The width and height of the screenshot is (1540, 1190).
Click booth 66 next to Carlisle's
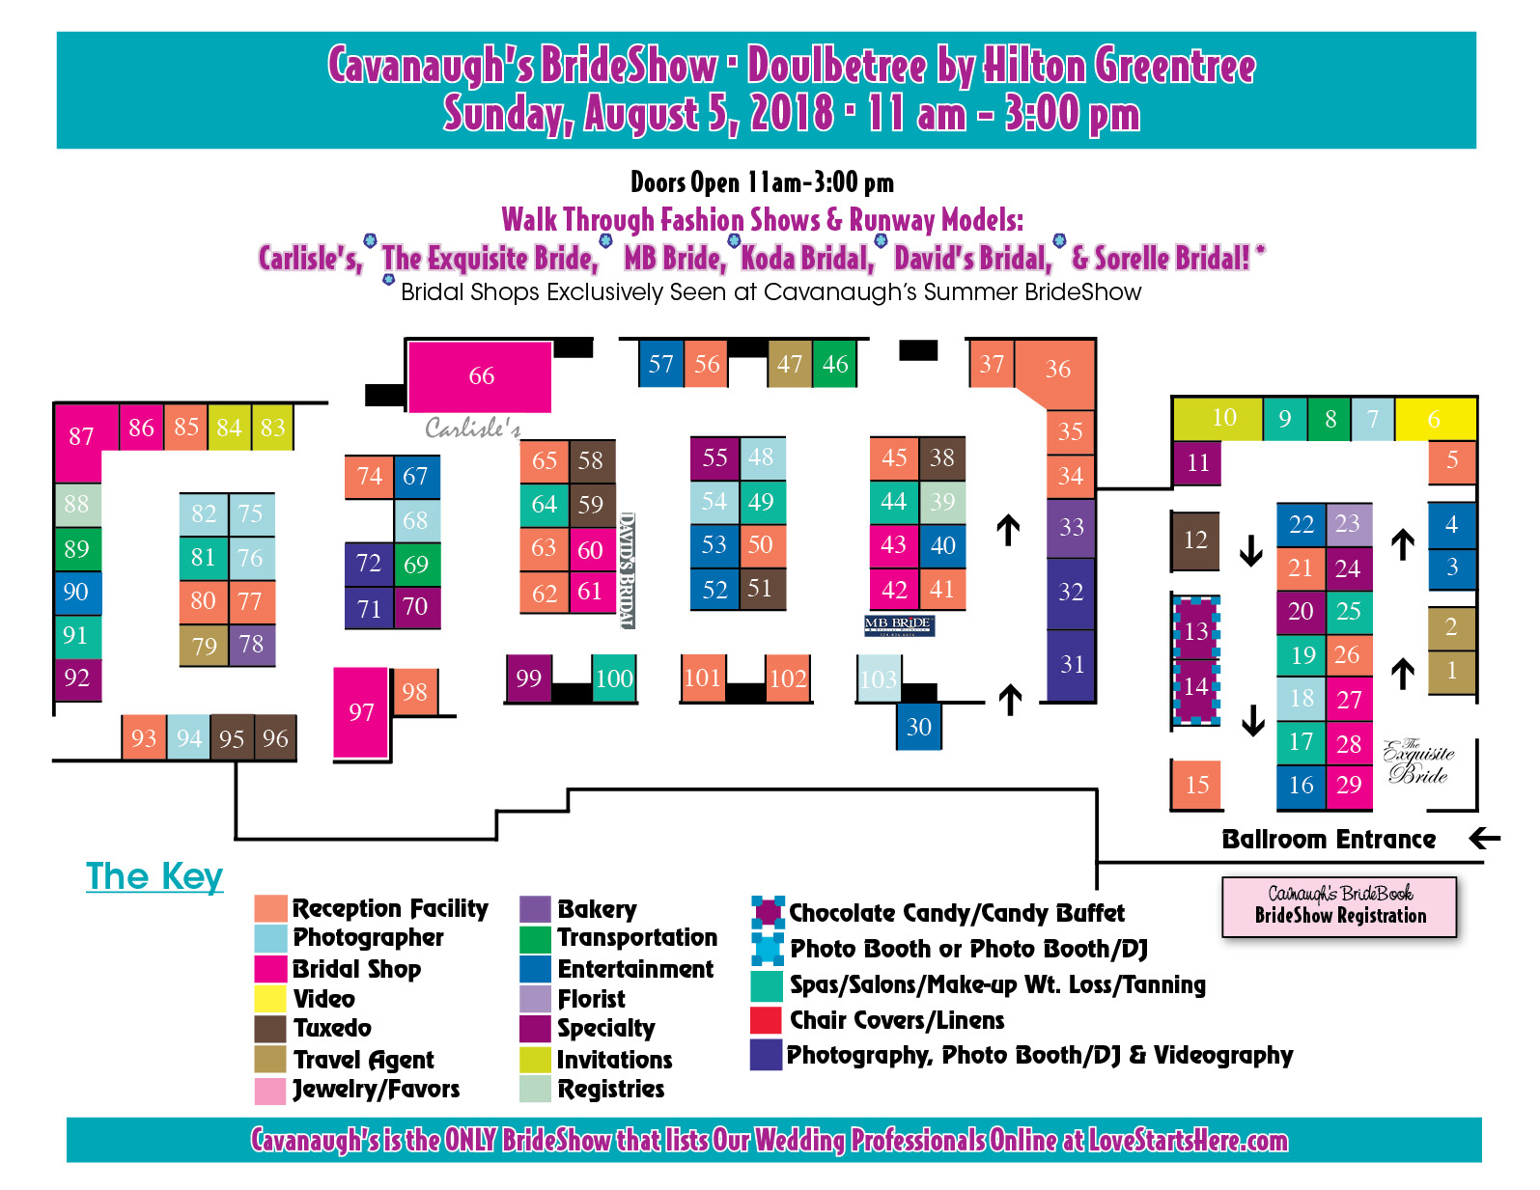480,375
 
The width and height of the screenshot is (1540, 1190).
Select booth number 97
361,712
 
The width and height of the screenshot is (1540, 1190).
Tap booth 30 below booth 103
918,727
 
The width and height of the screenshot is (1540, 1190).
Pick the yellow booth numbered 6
1435,419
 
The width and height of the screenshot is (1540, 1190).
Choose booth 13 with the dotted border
1196,631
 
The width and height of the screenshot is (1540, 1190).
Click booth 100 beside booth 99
613,678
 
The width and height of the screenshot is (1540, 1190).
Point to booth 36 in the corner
1058,369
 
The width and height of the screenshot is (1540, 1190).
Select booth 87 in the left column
80,437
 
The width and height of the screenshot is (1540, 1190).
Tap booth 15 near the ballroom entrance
1197,784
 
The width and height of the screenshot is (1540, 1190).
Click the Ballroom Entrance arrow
1484,838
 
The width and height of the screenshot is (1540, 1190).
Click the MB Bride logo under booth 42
899,625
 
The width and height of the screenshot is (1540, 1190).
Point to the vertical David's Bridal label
627,569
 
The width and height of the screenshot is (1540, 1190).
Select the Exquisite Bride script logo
1417,761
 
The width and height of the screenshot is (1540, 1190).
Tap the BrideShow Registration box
1339,906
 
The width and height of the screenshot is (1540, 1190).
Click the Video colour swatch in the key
271,999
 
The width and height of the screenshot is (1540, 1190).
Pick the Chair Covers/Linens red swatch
766,1020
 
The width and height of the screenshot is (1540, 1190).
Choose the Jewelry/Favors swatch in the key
271,1090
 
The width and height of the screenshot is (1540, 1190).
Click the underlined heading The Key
154,876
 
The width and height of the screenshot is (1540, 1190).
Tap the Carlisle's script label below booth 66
473,428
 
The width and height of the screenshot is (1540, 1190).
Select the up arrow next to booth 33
1008,529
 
